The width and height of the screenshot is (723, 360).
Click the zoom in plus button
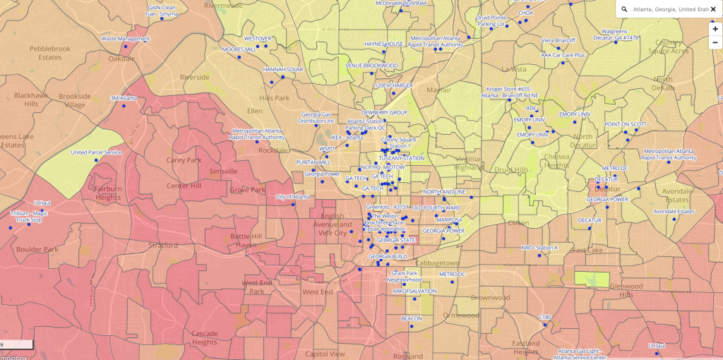tap(715, 29)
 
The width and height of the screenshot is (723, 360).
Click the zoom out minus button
tap(715, 42)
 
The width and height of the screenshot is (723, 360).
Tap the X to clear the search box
tap(713, 9)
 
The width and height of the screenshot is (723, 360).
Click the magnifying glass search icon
tap(624, 9)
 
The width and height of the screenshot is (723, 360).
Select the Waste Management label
tap(126, 39)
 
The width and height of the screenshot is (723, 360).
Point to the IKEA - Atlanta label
tap(347, 137)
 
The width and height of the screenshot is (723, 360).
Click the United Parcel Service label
tap(96, 152)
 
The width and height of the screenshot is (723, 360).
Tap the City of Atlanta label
tap(292, 197)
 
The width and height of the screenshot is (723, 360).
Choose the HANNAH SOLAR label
tap(283, 70)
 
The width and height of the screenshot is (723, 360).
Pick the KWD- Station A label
tap(539, 248)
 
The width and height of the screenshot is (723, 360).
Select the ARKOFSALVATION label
tap(414, 291)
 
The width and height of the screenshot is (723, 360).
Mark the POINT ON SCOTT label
tap(625, 124)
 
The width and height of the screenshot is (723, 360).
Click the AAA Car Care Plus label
tap(563, 54)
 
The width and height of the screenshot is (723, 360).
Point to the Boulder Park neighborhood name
tap(37, 249)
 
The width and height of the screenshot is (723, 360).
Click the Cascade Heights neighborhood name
tap(205, 337)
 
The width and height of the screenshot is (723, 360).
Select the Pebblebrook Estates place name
tap(50, 53)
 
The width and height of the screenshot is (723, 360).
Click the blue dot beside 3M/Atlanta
tap(124, 106)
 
